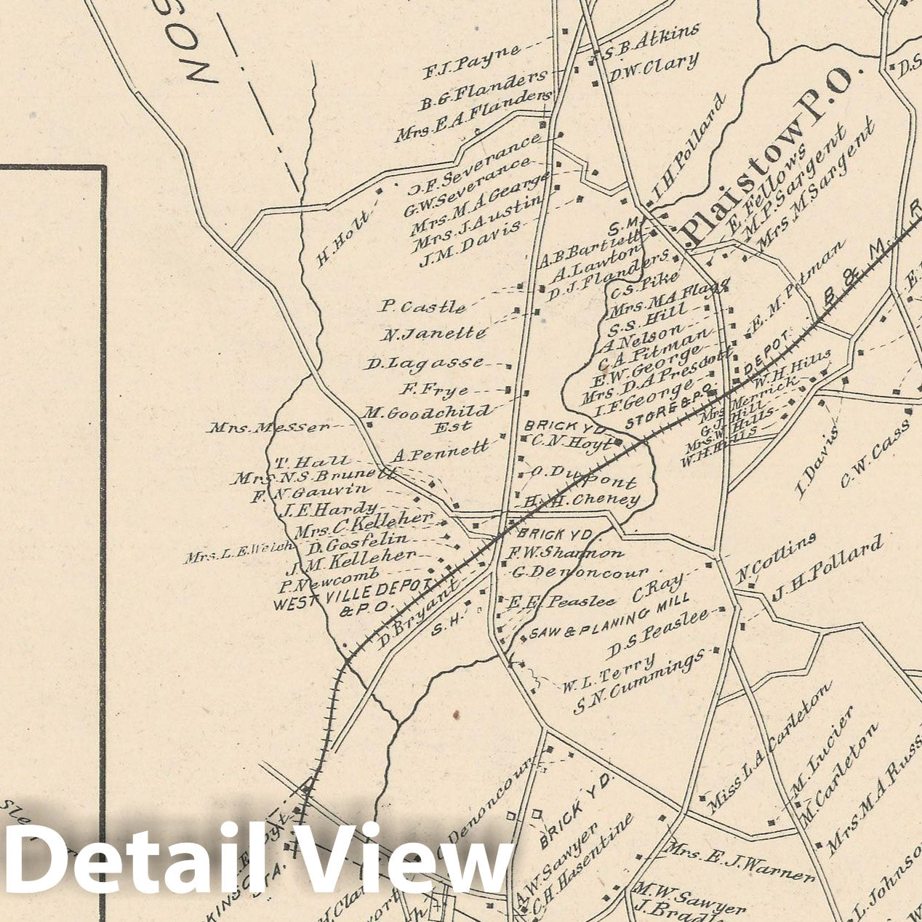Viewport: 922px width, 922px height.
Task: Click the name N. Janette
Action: point(433,334)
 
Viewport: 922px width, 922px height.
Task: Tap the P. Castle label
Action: point(422,307)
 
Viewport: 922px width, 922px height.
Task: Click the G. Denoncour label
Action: point(579,572)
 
